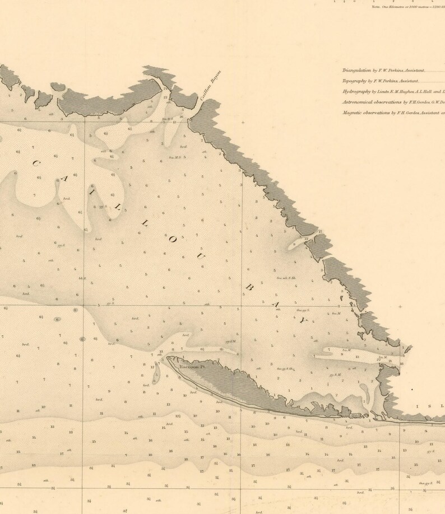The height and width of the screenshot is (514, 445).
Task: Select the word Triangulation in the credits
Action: [356, 71]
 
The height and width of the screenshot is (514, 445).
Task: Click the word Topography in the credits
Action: [354, 81]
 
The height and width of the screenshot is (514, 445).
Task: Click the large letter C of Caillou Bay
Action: [35, 163]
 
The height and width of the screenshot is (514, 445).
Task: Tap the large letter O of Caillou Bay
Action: [173, 240]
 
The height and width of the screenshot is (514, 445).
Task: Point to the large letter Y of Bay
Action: [303, 321]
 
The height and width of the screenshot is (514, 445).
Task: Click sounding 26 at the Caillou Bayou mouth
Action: [181, 117]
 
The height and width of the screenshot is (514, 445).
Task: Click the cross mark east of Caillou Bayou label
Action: [243, 122]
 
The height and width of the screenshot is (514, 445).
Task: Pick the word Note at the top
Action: [375, 7]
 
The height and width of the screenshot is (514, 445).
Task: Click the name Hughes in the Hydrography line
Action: [407, 92]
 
